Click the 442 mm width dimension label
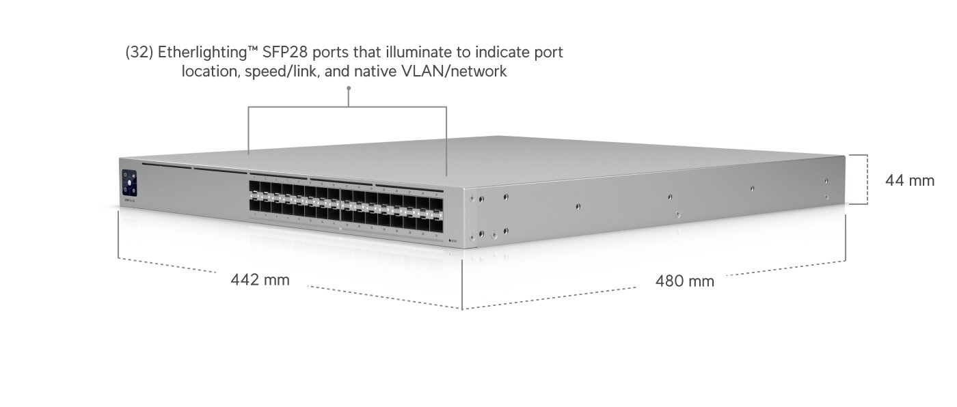click(260, 280)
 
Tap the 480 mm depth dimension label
click(684, 281)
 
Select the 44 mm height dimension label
click(910, 180)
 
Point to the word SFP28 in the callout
click(285, 52)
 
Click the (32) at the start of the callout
click(139, 53)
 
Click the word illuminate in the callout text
click(418, 52)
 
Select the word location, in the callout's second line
click(211, 71)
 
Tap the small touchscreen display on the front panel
click(129, 183)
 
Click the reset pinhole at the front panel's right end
click(450, 241)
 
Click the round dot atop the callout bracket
click(349, 88)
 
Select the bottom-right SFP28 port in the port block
click(437, 224)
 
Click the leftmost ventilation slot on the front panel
click(167, 165)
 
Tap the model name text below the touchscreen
click(129, 199)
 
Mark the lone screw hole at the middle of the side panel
click(578, 207)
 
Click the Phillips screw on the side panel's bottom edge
click(677, 214)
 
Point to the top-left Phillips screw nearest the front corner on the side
click(472, 198)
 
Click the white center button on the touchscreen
click(129, 184)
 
